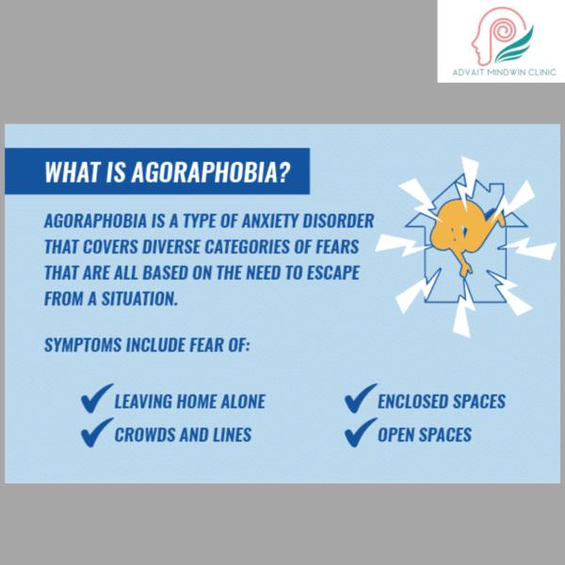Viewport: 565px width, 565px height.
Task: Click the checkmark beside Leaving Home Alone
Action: pyautogui.click(x=96, y=398)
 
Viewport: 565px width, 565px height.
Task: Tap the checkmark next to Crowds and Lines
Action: pyautogui.click(x=96, y=433)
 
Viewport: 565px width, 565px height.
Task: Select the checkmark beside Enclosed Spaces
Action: pyautogui.click(x=360, y=398)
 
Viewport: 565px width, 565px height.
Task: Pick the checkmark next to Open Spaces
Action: pyautogui.click(x=360, y=433)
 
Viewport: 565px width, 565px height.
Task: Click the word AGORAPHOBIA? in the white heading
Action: pyautogui.click(x=210, y=172)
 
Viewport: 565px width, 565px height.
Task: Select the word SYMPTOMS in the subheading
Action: pyautogui.click(x=83, y=345)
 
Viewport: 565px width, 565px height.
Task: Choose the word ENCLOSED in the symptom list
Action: pyautogui.click(x=412, y=401)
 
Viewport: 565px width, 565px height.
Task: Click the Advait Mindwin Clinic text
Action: pyautogui.click(x=504, y=73)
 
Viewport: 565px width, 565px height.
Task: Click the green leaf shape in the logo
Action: pyautogui.click(x=515, y=45)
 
